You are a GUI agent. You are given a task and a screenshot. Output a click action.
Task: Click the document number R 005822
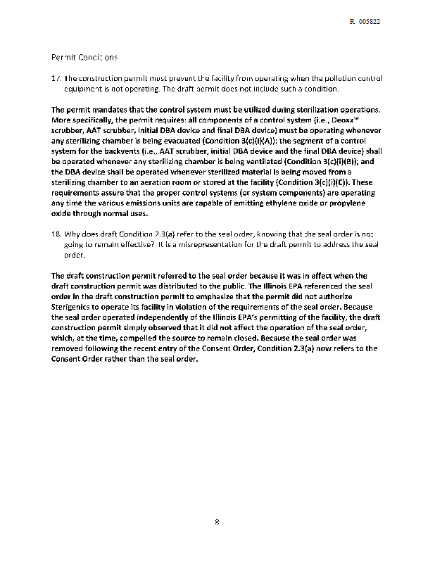pyautogui.click(x=365, y=22)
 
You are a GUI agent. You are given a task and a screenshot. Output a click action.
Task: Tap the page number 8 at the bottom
pyautogui.click(x=217, y=521)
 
